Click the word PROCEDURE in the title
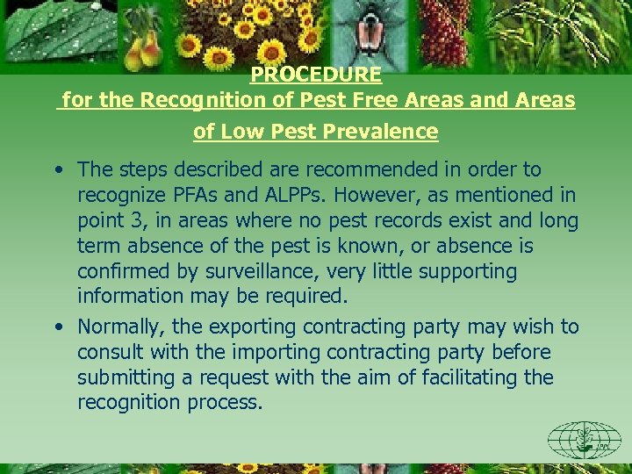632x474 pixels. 316,75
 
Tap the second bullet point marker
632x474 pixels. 57,327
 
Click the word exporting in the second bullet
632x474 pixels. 253,327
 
